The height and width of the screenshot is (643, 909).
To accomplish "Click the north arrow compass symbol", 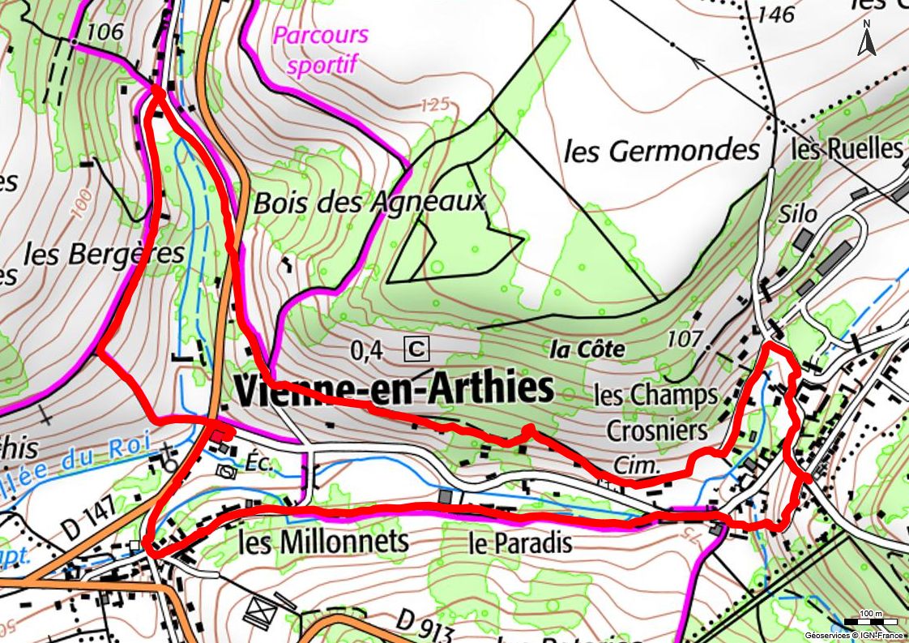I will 867,40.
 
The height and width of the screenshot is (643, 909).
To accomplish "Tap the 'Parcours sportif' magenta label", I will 321,50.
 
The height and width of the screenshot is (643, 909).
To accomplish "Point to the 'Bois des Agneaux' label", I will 369,202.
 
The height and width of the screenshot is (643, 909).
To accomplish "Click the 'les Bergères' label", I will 104,254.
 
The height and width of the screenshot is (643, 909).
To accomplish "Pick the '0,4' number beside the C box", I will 366,350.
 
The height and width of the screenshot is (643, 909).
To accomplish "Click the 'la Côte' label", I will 587,349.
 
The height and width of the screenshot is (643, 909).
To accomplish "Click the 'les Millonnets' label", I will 323,542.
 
